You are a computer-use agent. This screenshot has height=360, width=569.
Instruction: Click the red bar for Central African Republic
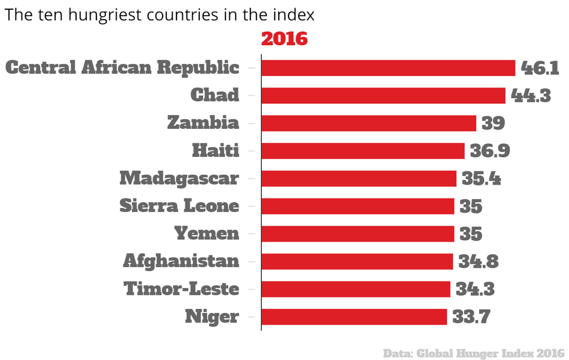point(388,68)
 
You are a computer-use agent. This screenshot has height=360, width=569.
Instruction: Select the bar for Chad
point(383,95)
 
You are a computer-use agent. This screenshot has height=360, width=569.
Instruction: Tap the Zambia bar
point(369,123)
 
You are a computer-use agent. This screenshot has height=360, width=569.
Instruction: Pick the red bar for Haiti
point(363,151)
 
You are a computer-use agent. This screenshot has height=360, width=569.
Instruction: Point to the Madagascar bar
point(359,178)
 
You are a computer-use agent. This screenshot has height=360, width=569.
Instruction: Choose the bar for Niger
point(354,316)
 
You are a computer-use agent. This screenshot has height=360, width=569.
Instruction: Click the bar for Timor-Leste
point(356,289)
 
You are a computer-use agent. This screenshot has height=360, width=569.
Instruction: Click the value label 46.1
point(539,68)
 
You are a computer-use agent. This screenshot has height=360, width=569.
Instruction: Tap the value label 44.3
point(531,95)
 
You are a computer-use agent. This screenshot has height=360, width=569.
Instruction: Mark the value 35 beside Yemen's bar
point(471,233)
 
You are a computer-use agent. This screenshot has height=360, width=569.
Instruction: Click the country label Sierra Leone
point(179,206)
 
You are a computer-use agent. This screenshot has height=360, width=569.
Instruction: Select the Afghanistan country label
point(181,261)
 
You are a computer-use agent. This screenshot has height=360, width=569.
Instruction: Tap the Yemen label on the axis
point(207,233)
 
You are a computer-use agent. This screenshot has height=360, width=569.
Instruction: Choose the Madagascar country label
point(179,178)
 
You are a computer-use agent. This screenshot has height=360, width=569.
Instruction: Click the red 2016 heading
point(284,39)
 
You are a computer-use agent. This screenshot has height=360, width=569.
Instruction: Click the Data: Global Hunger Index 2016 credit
point(473,352)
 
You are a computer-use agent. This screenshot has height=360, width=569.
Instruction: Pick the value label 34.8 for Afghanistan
point(478,261)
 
